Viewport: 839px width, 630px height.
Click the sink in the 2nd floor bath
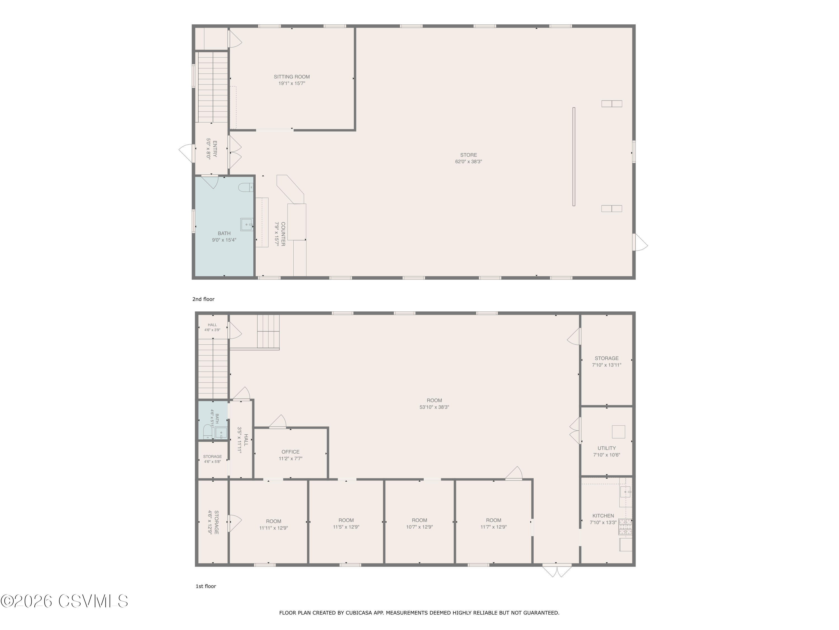point(247,225)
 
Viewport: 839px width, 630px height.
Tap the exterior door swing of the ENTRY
point(187,153)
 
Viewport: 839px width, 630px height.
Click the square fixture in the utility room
point(618,432)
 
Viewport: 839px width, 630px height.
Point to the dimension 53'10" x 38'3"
point(434,407)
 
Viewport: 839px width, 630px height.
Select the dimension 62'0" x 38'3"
point(468,161)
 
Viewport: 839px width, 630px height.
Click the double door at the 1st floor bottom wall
point(557,570)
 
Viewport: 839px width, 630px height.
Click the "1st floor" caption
point(206,586)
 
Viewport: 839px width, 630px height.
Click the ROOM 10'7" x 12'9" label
point(419,523)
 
